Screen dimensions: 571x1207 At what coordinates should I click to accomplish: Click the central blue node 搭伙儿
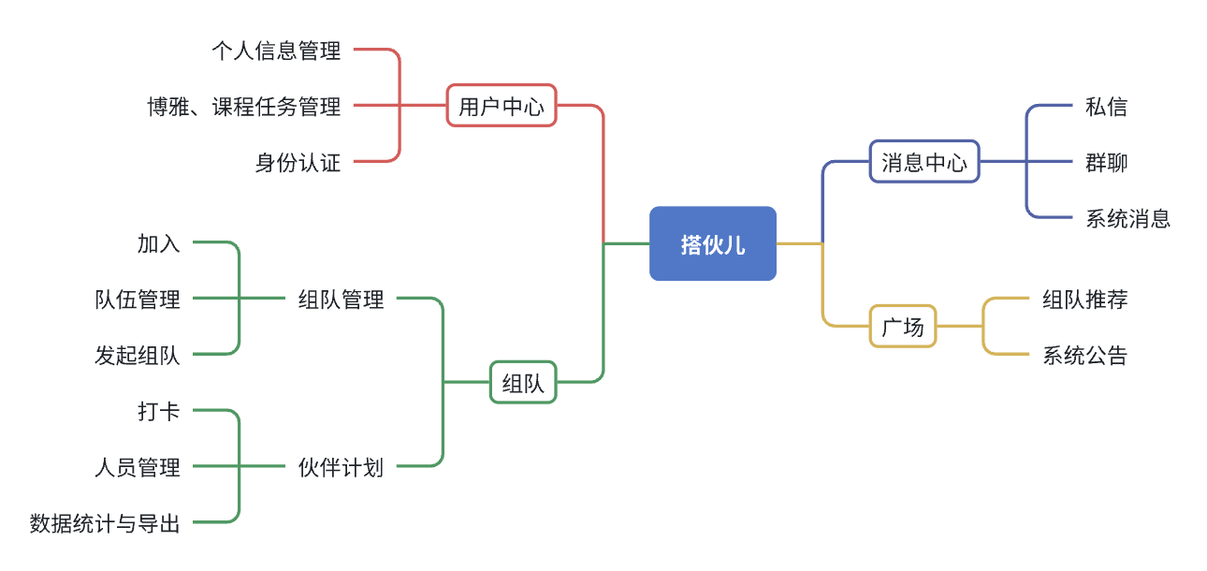tap(712, 243)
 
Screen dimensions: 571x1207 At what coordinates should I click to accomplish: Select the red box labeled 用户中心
tap(501, 107)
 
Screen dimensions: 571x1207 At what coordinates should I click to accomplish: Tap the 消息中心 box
tap(923, 162)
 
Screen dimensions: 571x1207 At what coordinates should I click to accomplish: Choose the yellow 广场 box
tap(902, 326)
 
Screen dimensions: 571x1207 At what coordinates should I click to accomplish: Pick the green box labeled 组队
tap(523, 382)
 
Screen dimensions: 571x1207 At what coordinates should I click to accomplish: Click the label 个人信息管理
tap(276, 51)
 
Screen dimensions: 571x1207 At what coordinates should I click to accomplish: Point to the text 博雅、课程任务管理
tap(243, 107)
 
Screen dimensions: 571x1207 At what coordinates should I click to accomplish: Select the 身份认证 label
tap(298, 163)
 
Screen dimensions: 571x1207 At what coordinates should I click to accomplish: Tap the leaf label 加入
tap(158, 243)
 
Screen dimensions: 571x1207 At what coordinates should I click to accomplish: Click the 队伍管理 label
tap(138, 300)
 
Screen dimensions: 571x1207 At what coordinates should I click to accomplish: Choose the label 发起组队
tap(138, 356)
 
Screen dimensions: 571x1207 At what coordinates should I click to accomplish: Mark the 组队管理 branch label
tap(341, 300)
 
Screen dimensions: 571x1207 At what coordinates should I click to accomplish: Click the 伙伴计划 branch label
tap(341, 466)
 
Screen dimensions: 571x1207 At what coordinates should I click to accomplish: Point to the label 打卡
tap(158, 411)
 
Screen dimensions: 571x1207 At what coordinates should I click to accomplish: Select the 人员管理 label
tap(138, 466)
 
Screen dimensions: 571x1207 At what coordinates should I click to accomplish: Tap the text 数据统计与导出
tap(105, 522)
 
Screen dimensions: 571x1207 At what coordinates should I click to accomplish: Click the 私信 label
tap(1106, 107)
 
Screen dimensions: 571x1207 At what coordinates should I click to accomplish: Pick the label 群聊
tap(1106, 163)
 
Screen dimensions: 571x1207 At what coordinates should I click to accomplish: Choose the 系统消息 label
tap(1127, 219)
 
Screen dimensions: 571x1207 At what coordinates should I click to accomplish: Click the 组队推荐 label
tap(1084, 300)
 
